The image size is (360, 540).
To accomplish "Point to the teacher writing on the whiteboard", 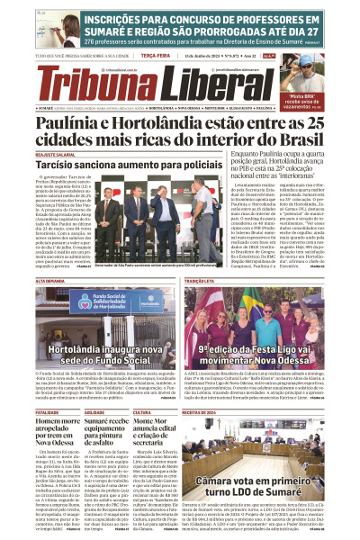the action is tap(23, 26).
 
